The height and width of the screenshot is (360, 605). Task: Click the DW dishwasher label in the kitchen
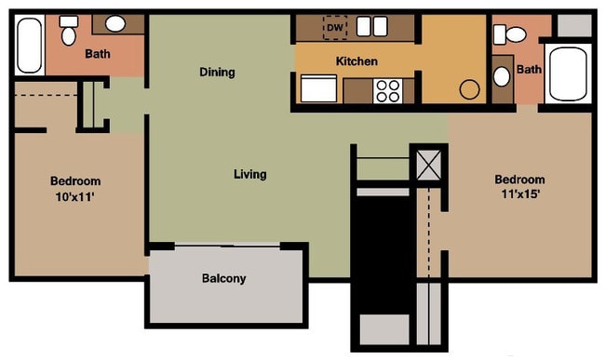coord(334,28)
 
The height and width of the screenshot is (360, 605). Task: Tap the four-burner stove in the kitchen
coord(388,90)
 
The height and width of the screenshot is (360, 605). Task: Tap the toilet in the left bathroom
coord(68,33)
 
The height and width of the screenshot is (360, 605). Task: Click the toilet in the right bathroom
coord(510,34)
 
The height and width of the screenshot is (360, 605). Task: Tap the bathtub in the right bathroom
coord(567,73)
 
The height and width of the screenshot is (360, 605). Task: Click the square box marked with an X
coord(429,165)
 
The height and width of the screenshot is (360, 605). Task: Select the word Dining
coord(217,72)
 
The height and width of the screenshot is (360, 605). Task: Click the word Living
coord(250,174)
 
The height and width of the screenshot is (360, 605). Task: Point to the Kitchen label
coord(356,61)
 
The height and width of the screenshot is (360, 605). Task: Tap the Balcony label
coord(224,278)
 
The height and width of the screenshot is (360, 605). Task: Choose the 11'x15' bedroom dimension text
coord(519,195)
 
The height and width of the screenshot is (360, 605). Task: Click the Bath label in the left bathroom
coord(98,53)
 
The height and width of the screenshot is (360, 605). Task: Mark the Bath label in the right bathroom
coord(530,70)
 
